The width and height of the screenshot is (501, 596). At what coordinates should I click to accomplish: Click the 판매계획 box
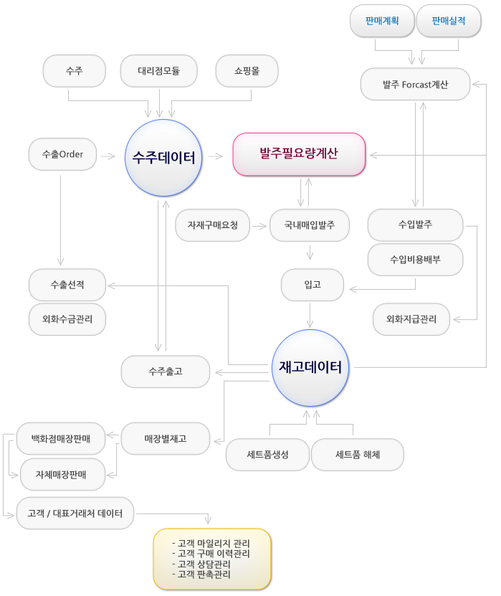[382, 22]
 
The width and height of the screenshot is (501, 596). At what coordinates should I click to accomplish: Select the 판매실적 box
[448, 22]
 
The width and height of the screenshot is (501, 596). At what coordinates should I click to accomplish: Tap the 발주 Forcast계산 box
[415, 85]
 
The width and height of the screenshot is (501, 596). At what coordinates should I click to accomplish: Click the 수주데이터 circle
[164, 157]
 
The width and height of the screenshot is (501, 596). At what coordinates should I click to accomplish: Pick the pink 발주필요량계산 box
[299, 154]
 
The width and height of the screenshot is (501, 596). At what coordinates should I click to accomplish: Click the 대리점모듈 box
[159, 71]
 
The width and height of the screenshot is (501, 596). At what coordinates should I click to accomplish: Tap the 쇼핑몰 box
[247, 71]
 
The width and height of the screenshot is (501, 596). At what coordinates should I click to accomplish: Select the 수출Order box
[62, 155]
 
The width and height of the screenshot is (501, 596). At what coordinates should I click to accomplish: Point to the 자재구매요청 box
[212, 225]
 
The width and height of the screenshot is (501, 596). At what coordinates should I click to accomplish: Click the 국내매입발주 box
[310, 225]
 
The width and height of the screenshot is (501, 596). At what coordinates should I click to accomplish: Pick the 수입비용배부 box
[415, 260]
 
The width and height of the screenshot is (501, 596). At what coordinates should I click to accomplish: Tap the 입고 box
[312, 285]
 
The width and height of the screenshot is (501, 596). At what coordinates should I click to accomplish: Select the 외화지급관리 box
[411, 319]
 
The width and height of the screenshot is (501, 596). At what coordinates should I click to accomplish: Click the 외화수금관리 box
[67, 319]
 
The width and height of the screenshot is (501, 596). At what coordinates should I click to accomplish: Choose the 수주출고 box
[166, 372]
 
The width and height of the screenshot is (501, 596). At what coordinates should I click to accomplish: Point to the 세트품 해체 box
[358, 455]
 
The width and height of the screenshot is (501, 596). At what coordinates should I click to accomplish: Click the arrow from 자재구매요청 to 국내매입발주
[259, 225]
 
